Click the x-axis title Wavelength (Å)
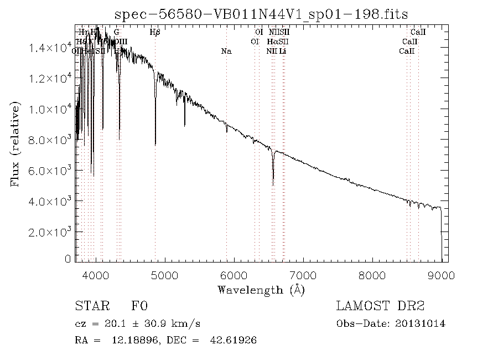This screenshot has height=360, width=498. coord(261,289)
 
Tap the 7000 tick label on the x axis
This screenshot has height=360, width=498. coord(303,274)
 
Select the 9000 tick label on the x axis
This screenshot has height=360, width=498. coord(441,274)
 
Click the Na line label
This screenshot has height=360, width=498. coord(226,51)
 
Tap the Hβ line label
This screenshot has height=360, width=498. coord(155,32)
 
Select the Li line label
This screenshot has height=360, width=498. coord(282,51)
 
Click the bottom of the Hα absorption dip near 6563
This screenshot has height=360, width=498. coord(273,184)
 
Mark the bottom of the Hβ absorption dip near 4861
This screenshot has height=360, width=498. coord(155,145)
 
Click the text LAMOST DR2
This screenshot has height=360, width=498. coord(380,306)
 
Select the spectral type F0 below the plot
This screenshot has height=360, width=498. coord(139,306)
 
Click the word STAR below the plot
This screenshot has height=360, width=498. coord(91,306)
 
